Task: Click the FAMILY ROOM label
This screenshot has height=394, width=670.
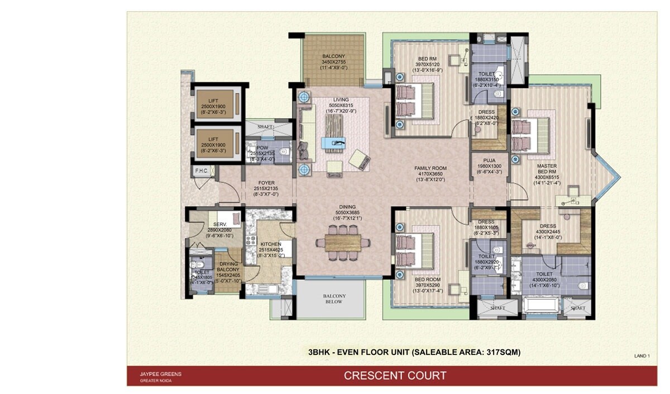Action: (x=430, y=168)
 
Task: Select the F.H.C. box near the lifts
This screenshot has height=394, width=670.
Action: (x=201, y=171)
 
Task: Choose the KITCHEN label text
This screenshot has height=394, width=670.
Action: (x=271, y=244)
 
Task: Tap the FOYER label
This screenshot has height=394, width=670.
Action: (x=266, y=182)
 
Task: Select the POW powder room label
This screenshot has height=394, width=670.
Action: (x=262, y=148)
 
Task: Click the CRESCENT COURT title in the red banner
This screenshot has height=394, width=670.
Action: (x=395, y=376)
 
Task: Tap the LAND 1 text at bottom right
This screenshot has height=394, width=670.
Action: (x=642, y=356)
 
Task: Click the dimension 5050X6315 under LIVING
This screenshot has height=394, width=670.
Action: (x=341, y=105)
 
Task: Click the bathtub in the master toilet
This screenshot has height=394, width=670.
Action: (x=541, y=307)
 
